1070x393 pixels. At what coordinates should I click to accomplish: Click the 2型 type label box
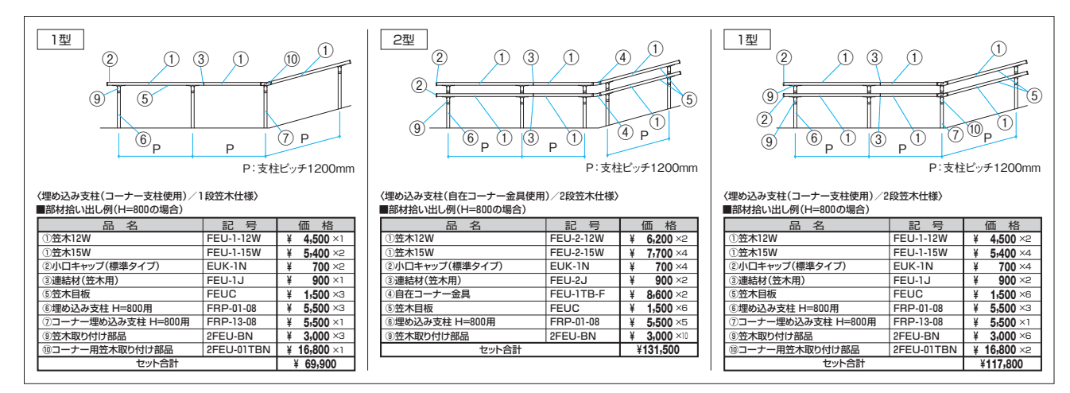point(403,39)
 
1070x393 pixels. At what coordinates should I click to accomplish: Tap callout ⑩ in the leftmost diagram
point(291,58)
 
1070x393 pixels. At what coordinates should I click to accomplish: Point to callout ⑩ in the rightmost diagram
point(975,128)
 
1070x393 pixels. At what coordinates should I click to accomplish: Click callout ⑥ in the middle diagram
point(471,138)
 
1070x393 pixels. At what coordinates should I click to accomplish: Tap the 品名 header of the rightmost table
point(805,224)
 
